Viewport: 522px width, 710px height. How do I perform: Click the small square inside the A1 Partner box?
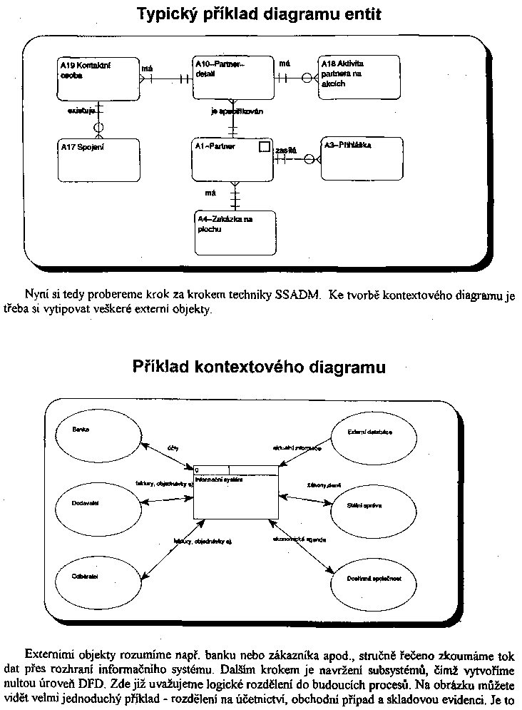point(264,146)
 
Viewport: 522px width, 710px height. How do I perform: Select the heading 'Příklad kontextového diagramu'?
point(259,367)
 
